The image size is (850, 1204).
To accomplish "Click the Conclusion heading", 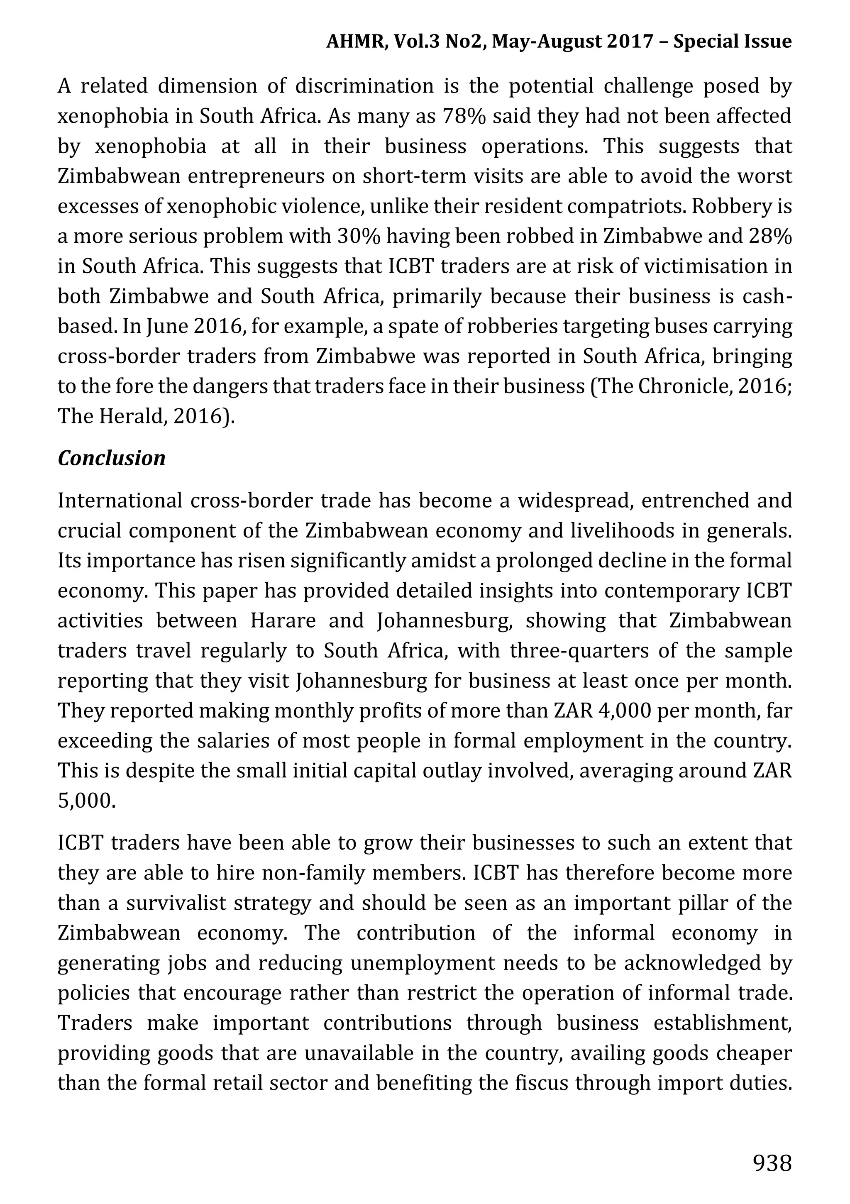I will tap(111, 458).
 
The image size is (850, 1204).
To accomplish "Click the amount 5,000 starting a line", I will tap(86, 801).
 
